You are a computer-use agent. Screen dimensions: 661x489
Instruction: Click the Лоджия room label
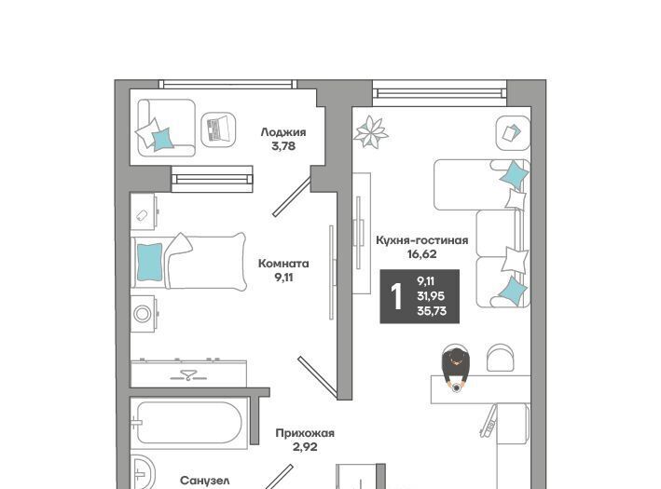[x=283, y=132]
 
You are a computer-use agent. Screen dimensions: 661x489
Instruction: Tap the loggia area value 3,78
[x=283, y=146]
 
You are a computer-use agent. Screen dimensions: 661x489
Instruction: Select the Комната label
[x=283, y=264]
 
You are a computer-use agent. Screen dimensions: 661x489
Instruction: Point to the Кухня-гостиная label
[x=422, y=240]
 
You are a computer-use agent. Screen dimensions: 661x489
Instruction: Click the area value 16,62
[x=422, y=254]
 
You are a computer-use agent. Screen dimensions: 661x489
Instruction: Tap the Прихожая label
[x=305, y=433]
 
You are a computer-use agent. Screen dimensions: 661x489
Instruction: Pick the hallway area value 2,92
[x=305, y=447]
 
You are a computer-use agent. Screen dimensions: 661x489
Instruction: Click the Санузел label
[x=205, y=481]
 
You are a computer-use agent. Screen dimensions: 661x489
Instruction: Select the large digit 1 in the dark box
[x=396, y=296]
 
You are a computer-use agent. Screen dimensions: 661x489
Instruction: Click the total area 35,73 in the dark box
[x=432, y=311]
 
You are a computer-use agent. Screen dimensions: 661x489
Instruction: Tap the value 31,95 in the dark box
[x=431, y=296]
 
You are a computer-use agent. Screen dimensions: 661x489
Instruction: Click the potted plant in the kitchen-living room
[x=370, y=132]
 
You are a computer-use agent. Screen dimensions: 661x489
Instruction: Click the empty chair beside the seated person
[x=501, y=358]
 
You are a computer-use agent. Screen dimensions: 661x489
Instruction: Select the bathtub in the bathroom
[x=188, y=423]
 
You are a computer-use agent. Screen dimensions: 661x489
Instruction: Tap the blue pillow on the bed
[x=149, y=263]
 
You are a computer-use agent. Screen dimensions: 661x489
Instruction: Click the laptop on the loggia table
[x=218, y=129]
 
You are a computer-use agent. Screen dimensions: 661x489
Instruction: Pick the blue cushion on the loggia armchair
[x=162, y=139]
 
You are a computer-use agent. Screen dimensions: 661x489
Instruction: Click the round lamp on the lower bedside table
[x=143, y=314]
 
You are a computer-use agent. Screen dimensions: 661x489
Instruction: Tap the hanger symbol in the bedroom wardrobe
[x=188, y=374]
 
